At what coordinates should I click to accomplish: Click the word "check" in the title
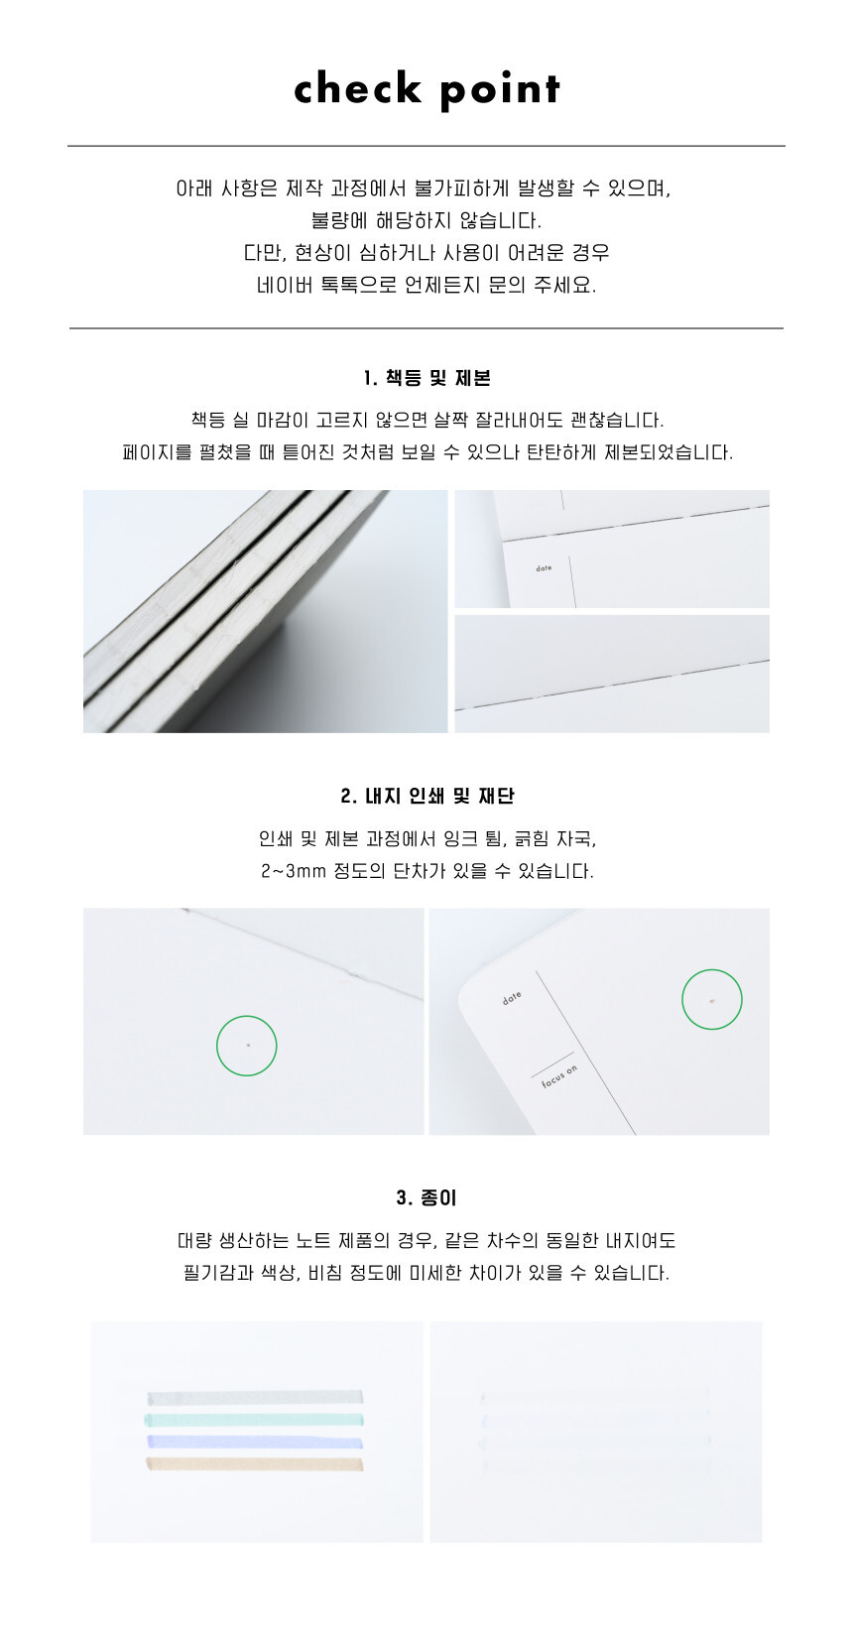[x=357, y=88]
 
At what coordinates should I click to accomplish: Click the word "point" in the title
[x=500, y=91]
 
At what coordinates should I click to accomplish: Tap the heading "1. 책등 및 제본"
[x=426, y=378]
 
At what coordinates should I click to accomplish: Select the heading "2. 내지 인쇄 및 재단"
[x=426, y=796]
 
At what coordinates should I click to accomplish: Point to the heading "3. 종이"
[x=426, y=1197]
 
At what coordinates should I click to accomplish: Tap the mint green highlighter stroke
[x=254, y=1420]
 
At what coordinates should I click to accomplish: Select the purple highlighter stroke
[x=254, y=1441]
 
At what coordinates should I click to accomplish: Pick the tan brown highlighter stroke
[x=254, y=1463]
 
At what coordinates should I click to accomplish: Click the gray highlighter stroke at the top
[x=254, y=1398]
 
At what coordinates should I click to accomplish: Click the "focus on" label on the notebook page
[x=559, y=1077]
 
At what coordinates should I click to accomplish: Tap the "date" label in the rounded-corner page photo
[x=512, y=998]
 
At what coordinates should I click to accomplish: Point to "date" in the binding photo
[x=544, y=568]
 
